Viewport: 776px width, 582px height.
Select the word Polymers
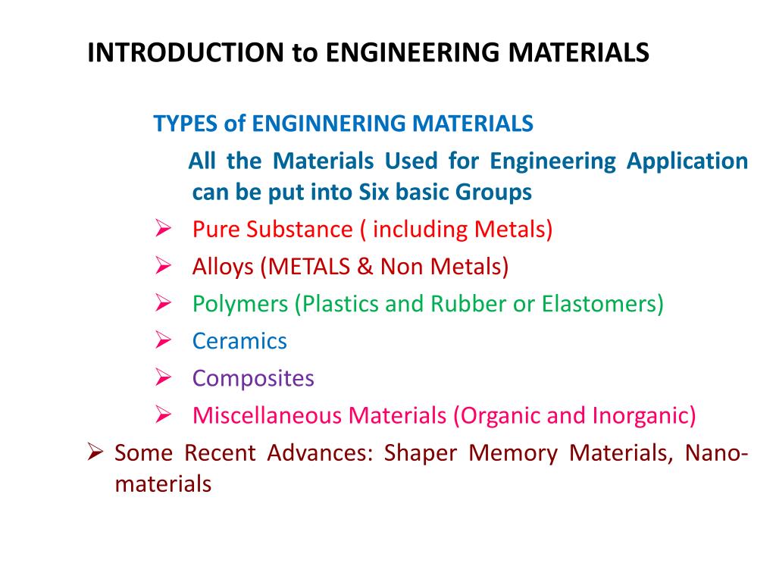pos(240,304)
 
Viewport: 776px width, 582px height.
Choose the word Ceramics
pos(239,341)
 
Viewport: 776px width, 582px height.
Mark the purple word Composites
pos(253,378)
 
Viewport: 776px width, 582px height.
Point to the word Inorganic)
pos(644,415)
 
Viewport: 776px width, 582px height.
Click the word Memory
pos(513,453)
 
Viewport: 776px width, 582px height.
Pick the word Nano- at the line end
pos(717,453)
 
